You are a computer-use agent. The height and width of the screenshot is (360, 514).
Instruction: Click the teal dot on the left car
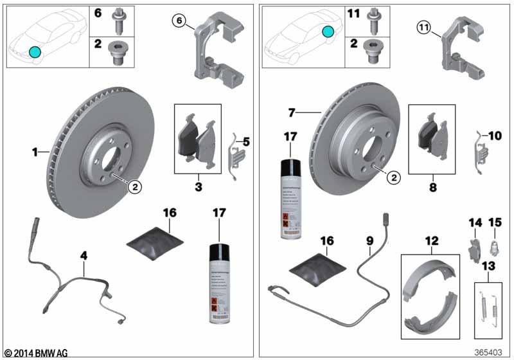35,52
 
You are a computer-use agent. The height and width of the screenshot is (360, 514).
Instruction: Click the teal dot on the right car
328,31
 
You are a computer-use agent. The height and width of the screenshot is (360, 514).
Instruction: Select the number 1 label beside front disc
36,152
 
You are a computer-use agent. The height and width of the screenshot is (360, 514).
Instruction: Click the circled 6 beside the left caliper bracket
179,22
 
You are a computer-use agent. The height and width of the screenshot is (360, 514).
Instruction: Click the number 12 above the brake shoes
431,241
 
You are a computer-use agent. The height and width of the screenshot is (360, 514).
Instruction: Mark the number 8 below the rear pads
431,189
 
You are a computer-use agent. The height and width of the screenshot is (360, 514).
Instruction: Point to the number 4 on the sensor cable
84,255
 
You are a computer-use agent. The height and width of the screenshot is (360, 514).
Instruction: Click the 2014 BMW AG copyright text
35,353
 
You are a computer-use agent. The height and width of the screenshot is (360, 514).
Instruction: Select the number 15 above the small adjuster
495,222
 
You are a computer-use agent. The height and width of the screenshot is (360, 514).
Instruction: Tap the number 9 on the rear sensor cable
369,242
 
